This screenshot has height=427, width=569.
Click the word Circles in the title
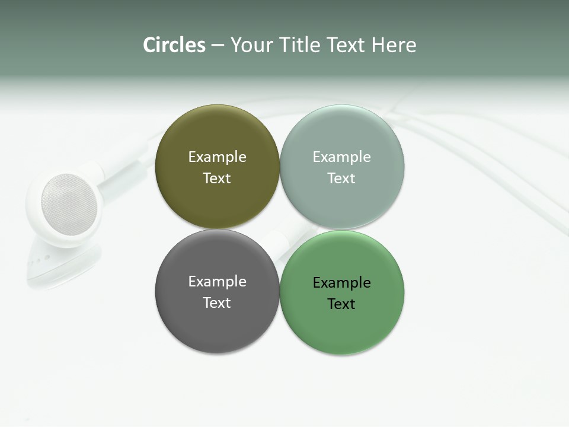174,45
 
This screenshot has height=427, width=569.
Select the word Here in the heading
394,45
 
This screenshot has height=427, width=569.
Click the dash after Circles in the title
218,46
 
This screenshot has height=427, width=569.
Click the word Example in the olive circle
217,157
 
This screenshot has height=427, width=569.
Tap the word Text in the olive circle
217,179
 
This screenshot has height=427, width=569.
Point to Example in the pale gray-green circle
342,157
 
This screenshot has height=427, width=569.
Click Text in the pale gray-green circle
341,179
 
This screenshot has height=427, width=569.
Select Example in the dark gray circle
217,282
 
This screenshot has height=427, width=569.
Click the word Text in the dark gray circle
217,303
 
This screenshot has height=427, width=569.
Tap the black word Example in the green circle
342,283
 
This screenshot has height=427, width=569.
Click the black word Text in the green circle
341,304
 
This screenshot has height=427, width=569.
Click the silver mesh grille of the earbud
69,204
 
